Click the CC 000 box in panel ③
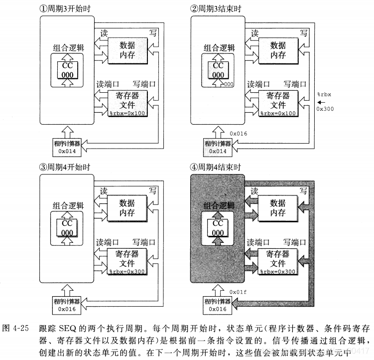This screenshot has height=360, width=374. coord(67,228)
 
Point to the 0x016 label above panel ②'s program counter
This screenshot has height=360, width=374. coord(238,134)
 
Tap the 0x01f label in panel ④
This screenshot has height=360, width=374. coord(238,291)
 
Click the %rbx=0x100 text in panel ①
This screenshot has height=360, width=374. coord(127,114)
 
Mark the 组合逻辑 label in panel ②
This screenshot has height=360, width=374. coord(220,48)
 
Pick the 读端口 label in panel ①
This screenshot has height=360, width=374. coord(108,84)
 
